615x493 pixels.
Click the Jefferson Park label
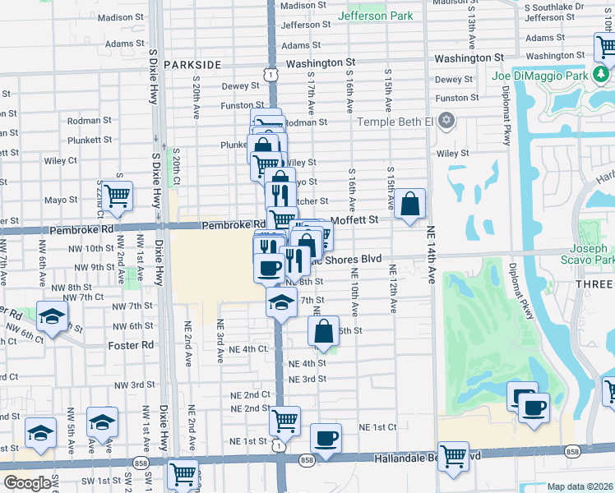pyautogui.click(x=377, y=15)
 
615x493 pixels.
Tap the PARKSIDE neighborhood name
pyautogui.click(x=192, y=64)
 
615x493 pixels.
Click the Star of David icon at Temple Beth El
pyautogui.click(x=447, y=121)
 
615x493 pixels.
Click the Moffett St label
pyautogui.click(x=354, y=220)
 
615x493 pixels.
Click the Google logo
pyautogui.click(x=28, y=483)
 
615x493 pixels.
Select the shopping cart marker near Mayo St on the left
pyautogui.click(x=118, y=196)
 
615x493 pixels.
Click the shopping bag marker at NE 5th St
pyautogui.click(x=324, y=331)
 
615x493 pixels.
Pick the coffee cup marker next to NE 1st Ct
pyautogui.click(x=326, y=437)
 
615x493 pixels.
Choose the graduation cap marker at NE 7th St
pyautogui.click(x=280, y=301)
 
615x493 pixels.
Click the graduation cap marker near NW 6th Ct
pyautogui.click(x=52, y=317)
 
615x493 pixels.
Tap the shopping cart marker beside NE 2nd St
pyautogui.click(x=284, y=421)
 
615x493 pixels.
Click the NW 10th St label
pyautogui.click(x=91, y=247)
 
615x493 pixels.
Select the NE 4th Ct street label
pyautogui.click(x=249, y=349)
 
